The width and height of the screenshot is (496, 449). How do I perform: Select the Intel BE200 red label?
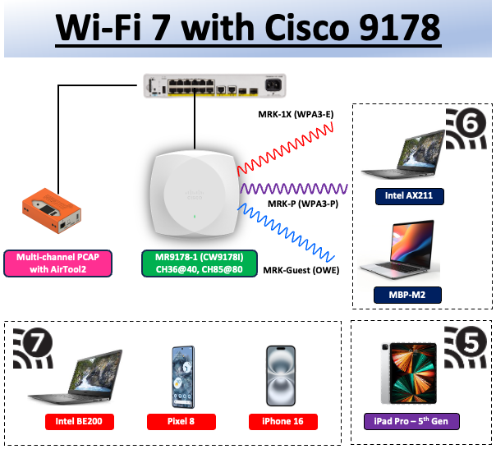[x=79, y=422]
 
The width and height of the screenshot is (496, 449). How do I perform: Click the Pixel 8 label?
[x=181, y=422]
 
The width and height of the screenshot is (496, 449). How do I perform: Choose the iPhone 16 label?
[x=282, y=422]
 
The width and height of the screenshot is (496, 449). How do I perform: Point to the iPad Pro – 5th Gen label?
[x=411, y=422]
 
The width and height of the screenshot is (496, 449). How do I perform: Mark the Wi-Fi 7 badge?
[x=34, y=348]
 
